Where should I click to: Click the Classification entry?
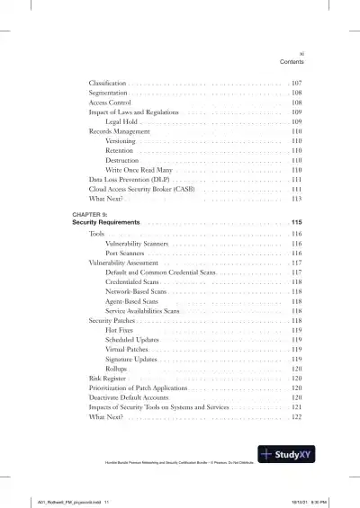click(107, 83)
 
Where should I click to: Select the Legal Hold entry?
click(122, 121)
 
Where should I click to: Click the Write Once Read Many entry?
click(139, 170)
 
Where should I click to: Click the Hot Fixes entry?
click(120, 330)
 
